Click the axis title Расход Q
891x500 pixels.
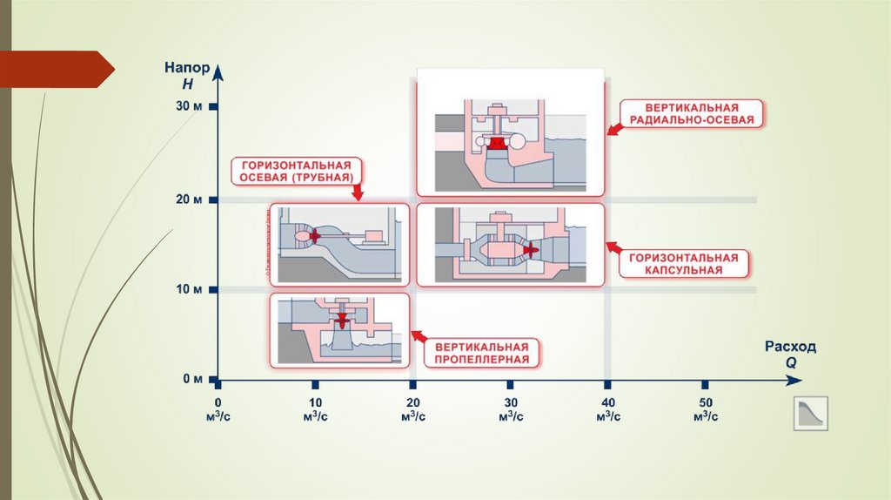(x=790, y=353)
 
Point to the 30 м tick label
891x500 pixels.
(x=189, y=107)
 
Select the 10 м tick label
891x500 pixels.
(x=189, y=289)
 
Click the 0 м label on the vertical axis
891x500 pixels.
(x=192, y=379)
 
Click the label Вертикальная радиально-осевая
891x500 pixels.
(x=692, y=113)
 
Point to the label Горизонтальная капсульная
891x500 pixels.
(x=684, y=264)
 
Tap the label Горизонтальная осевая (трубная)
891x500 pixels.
(x=297, y=171)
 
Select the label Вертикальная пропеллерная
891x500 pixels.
(x=482, y=352)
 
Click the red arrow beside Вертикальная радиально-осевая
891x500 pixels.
(x=614, y=129)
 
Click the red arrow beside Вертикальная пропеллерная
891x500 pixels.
(x=418, y=335)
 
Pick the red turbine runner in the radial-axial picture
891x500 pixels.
(x=497, y=144)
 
